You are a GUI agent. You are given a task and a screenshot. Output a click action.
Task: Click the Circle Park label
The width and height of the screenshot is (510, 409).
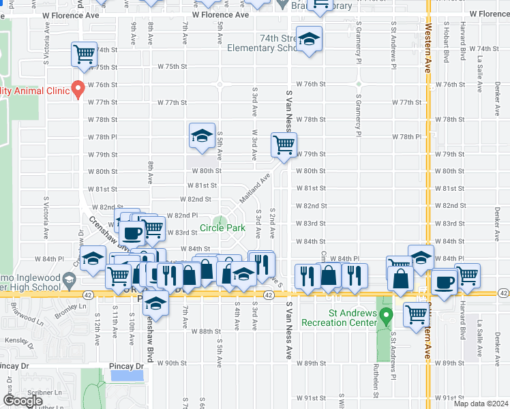(222, 228)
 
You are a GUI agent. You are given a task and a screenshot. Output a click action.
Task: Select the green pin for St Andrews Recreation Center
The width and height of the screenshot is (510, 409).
(387, 316)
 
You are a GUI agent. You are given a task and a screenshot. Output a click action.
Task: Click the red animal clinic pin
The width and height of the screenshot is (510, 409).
(78, 88)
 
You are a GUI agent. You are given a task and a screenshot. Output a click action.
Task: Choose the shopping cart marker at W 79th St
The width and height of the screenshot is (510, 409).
(284, 144)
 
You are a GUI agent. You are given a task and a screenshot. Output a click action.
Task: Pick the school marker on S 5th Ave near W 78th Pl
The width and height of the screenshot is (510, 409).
(202, 138)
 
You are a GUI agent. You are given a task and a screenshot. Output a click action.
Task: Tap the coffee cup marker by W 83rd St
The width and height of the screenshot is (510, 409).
(134, 232)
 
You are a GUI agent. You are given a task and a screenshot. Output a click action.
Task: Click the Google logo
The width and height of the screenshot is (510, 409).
(23, 401)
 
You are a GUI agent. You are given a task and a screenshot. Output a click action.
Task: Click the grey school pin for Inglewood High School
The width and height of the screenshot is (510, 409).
(68, 280)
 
